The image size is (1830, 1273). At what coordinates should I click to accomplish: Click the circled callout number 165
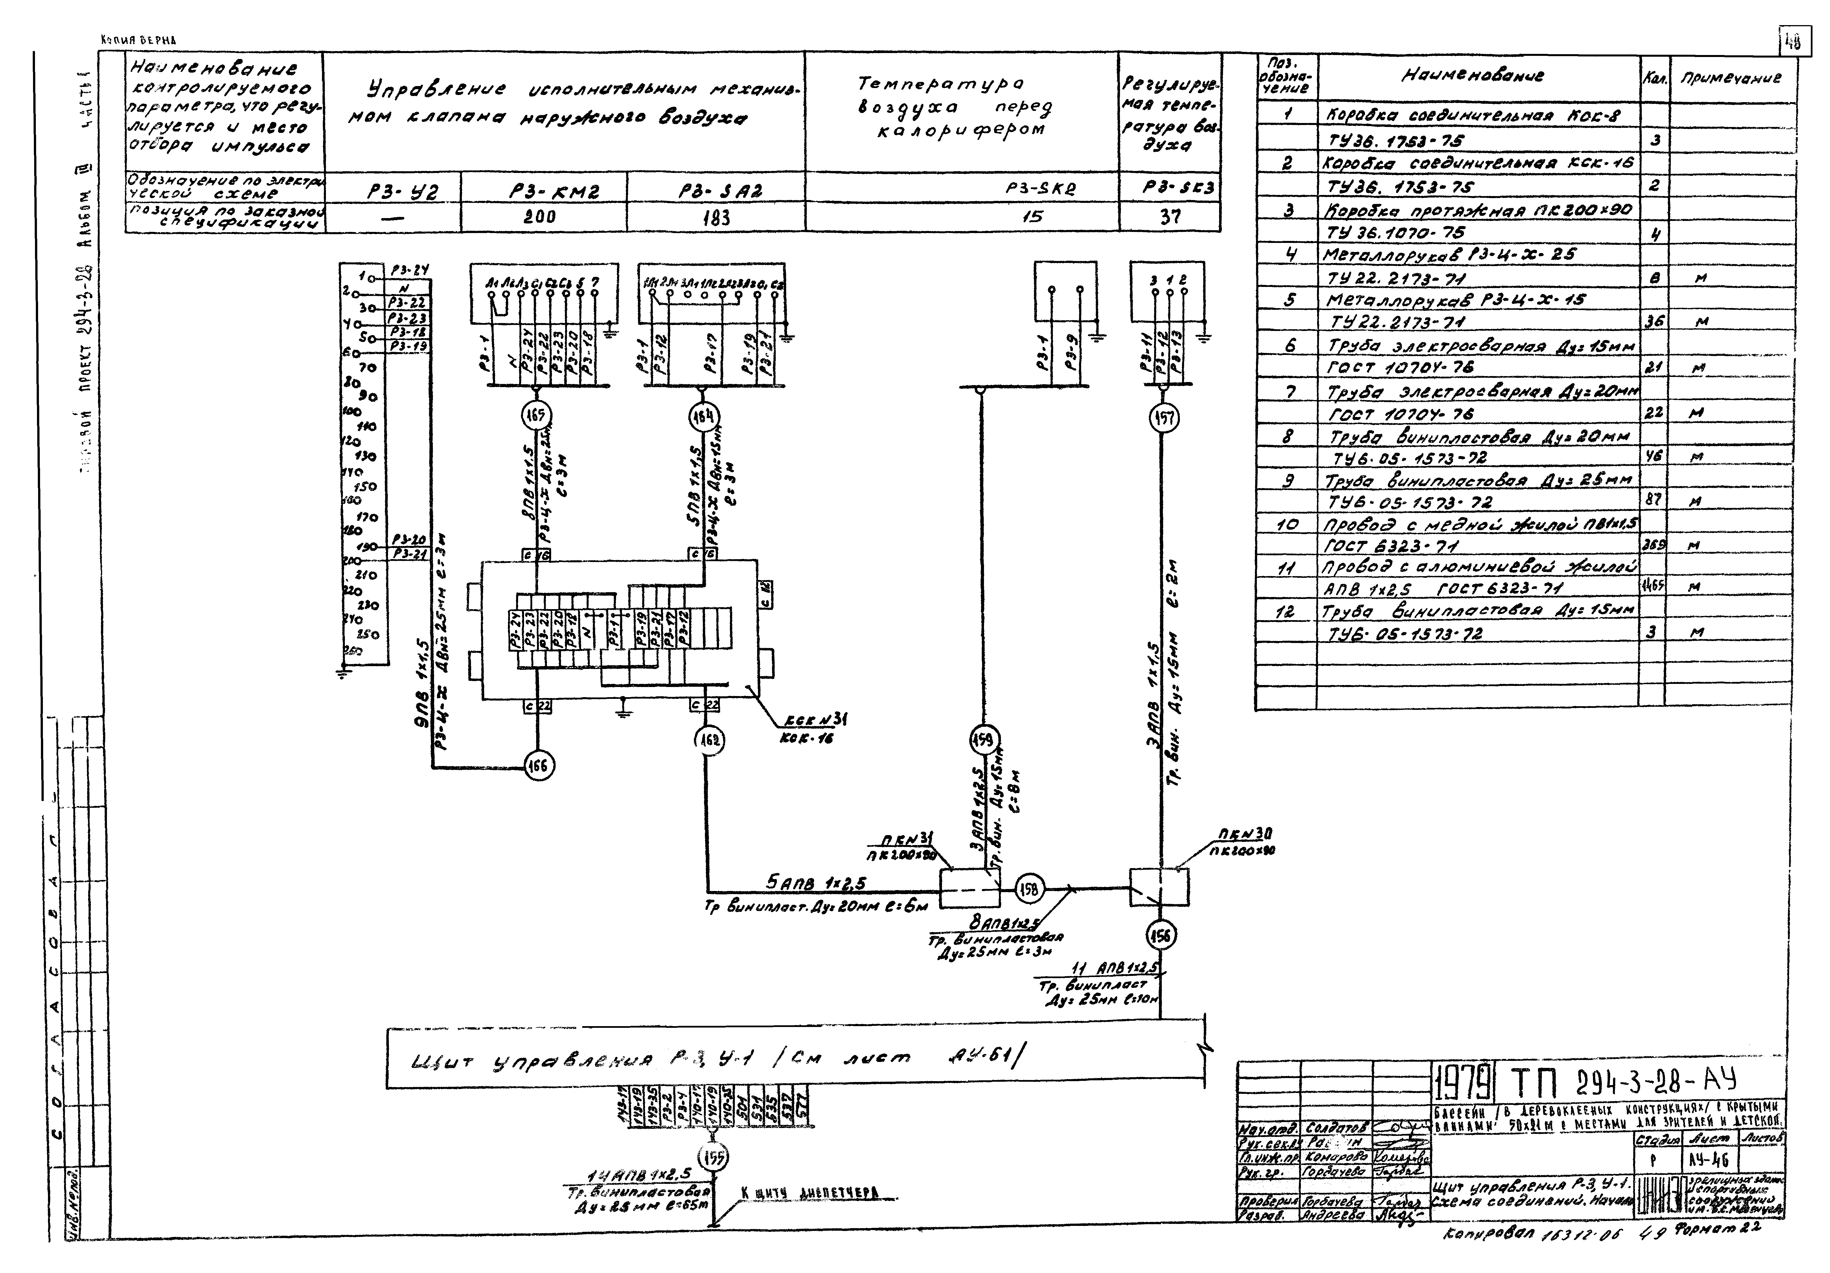tap(536, 415)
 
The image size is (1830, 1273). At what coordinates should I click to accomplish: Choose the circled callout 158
tap(1029, 889)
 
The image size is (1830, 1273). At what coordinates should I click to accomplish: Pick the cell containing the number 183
tap(716, 217)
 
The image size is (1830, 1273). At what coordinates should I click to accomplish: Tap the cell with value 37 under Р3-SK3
tap(1170, 217)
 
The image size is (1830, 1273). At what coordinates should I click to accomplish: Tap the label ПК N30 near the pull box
tap(1245, 835)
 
